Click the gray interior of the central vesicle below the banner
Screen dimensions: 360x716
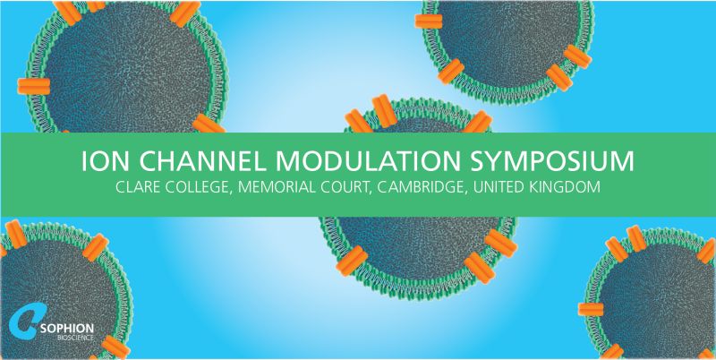(x=412, y=246)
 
